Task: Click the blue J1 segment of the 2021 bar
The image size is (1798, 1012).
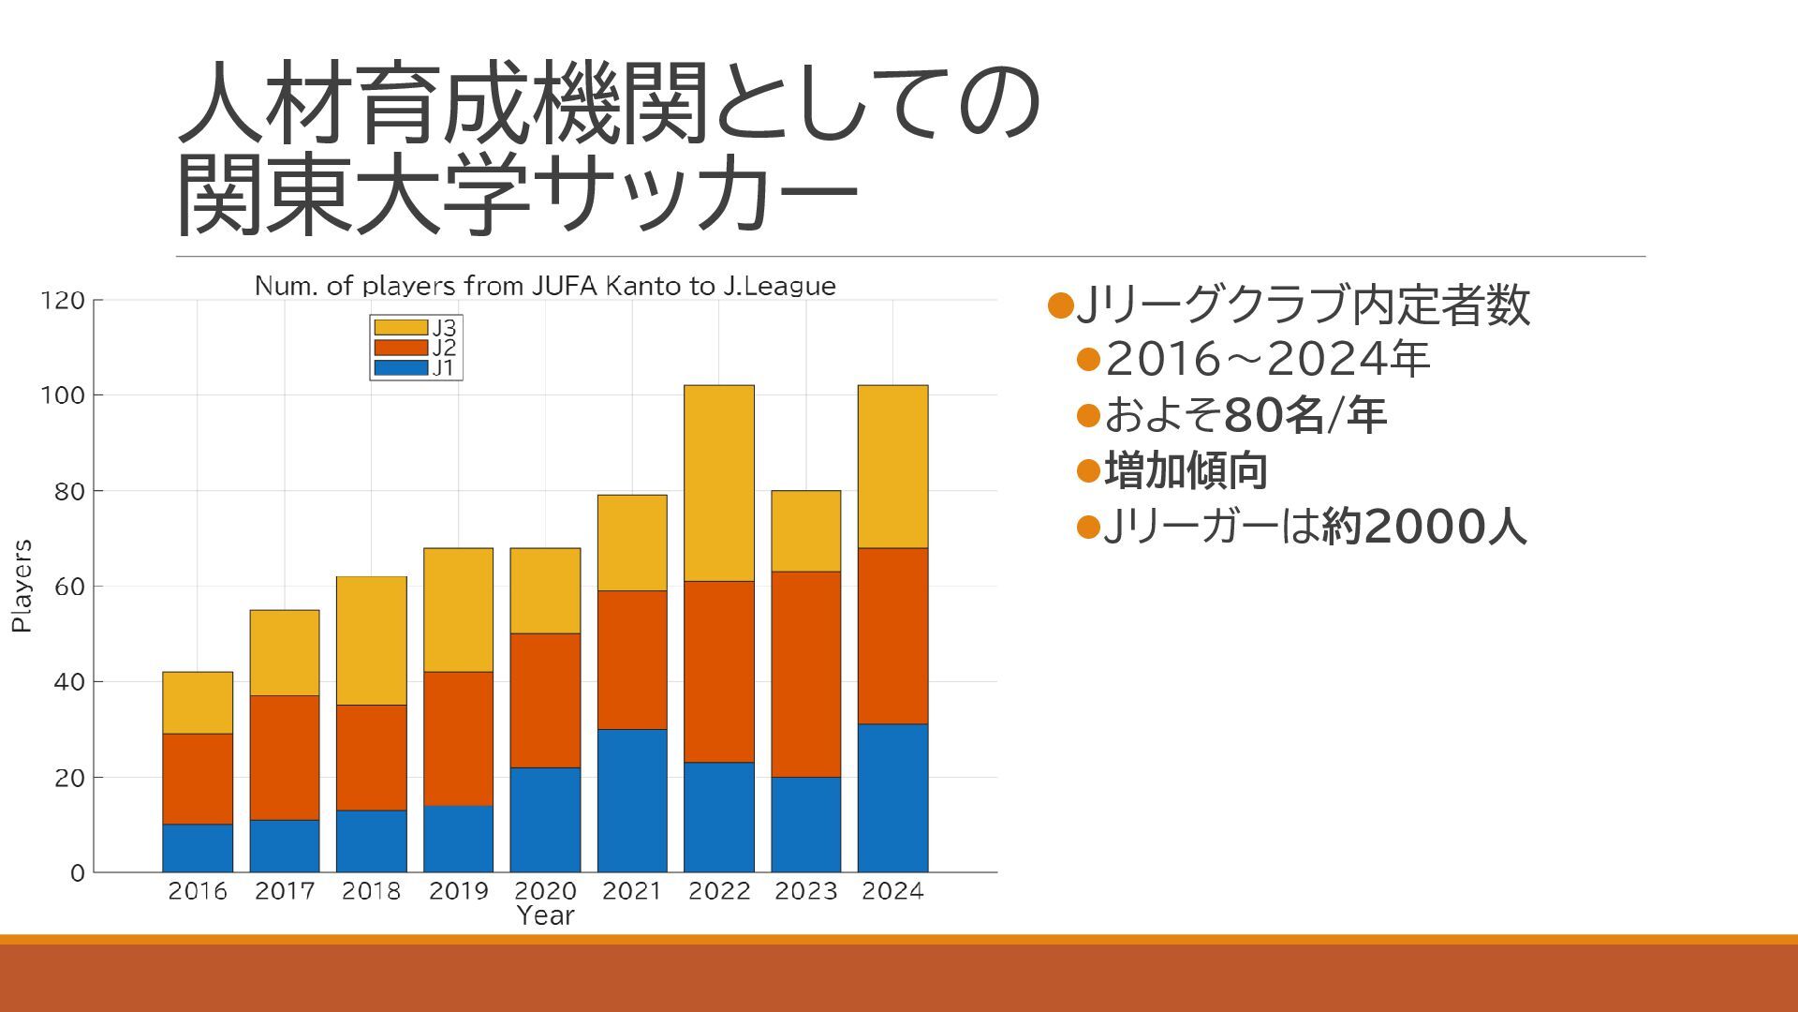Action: pyautogui.click(x=632, y=800)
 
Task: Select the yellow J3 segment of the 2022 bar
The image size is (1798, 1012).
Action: pyautogui.click(x=718, y=483)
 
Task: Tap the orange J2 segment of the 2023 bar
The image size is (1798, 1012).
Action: pyautogui.click(x=805, y=674)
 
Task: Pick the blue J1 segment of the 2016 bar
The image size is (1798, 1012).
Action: pyautogui.click(x=198, y=848)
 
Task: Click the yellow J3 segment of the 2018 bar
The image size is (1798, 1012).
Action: pyautogui.click(x=372, y=640)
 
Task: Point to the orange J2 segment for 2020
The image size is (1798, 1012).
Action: pyautogui.click(x=545, y=700)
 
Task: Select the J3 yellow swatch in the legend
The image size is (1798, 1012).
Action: pyautogui.click(x=401, y=327)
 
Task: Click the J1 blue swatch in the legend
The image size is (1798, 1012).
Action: pyautogui.click(x=401, y=368)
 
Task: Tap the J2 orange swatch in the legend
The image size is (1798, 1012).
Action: pyautogui.click(x=401, y=348)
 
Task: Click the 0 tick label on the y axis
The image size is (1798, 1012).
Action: pyautogui.click(x=77, y=873)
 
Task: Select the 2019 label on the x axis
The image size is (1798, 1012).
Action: pyautogui.click(x=459, y=891)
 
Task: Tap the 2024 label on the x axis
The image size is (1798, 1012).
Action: pyautogui.click(x=892, y=891)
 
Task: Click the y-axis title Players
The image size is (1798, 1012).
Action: pyautogui.click(x=22, y=586)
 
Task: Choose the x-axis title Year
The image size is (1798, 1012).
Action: pyautogui.click(x=545, y=915)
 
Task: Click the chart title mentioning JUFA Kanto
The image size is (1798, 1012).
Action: pyautogui.click(x=545, y=286)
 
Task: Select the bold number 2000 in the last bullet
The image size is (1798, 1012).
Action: pyautogui.click(x=1424, y=527)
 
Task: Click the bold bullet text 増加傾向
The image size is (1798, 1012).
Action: pyautogui.click(x=1186, y=470)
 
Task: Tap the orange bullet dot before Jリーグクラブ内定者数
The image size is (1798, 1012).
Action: pyautogui.click(x=1060, y=305)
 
